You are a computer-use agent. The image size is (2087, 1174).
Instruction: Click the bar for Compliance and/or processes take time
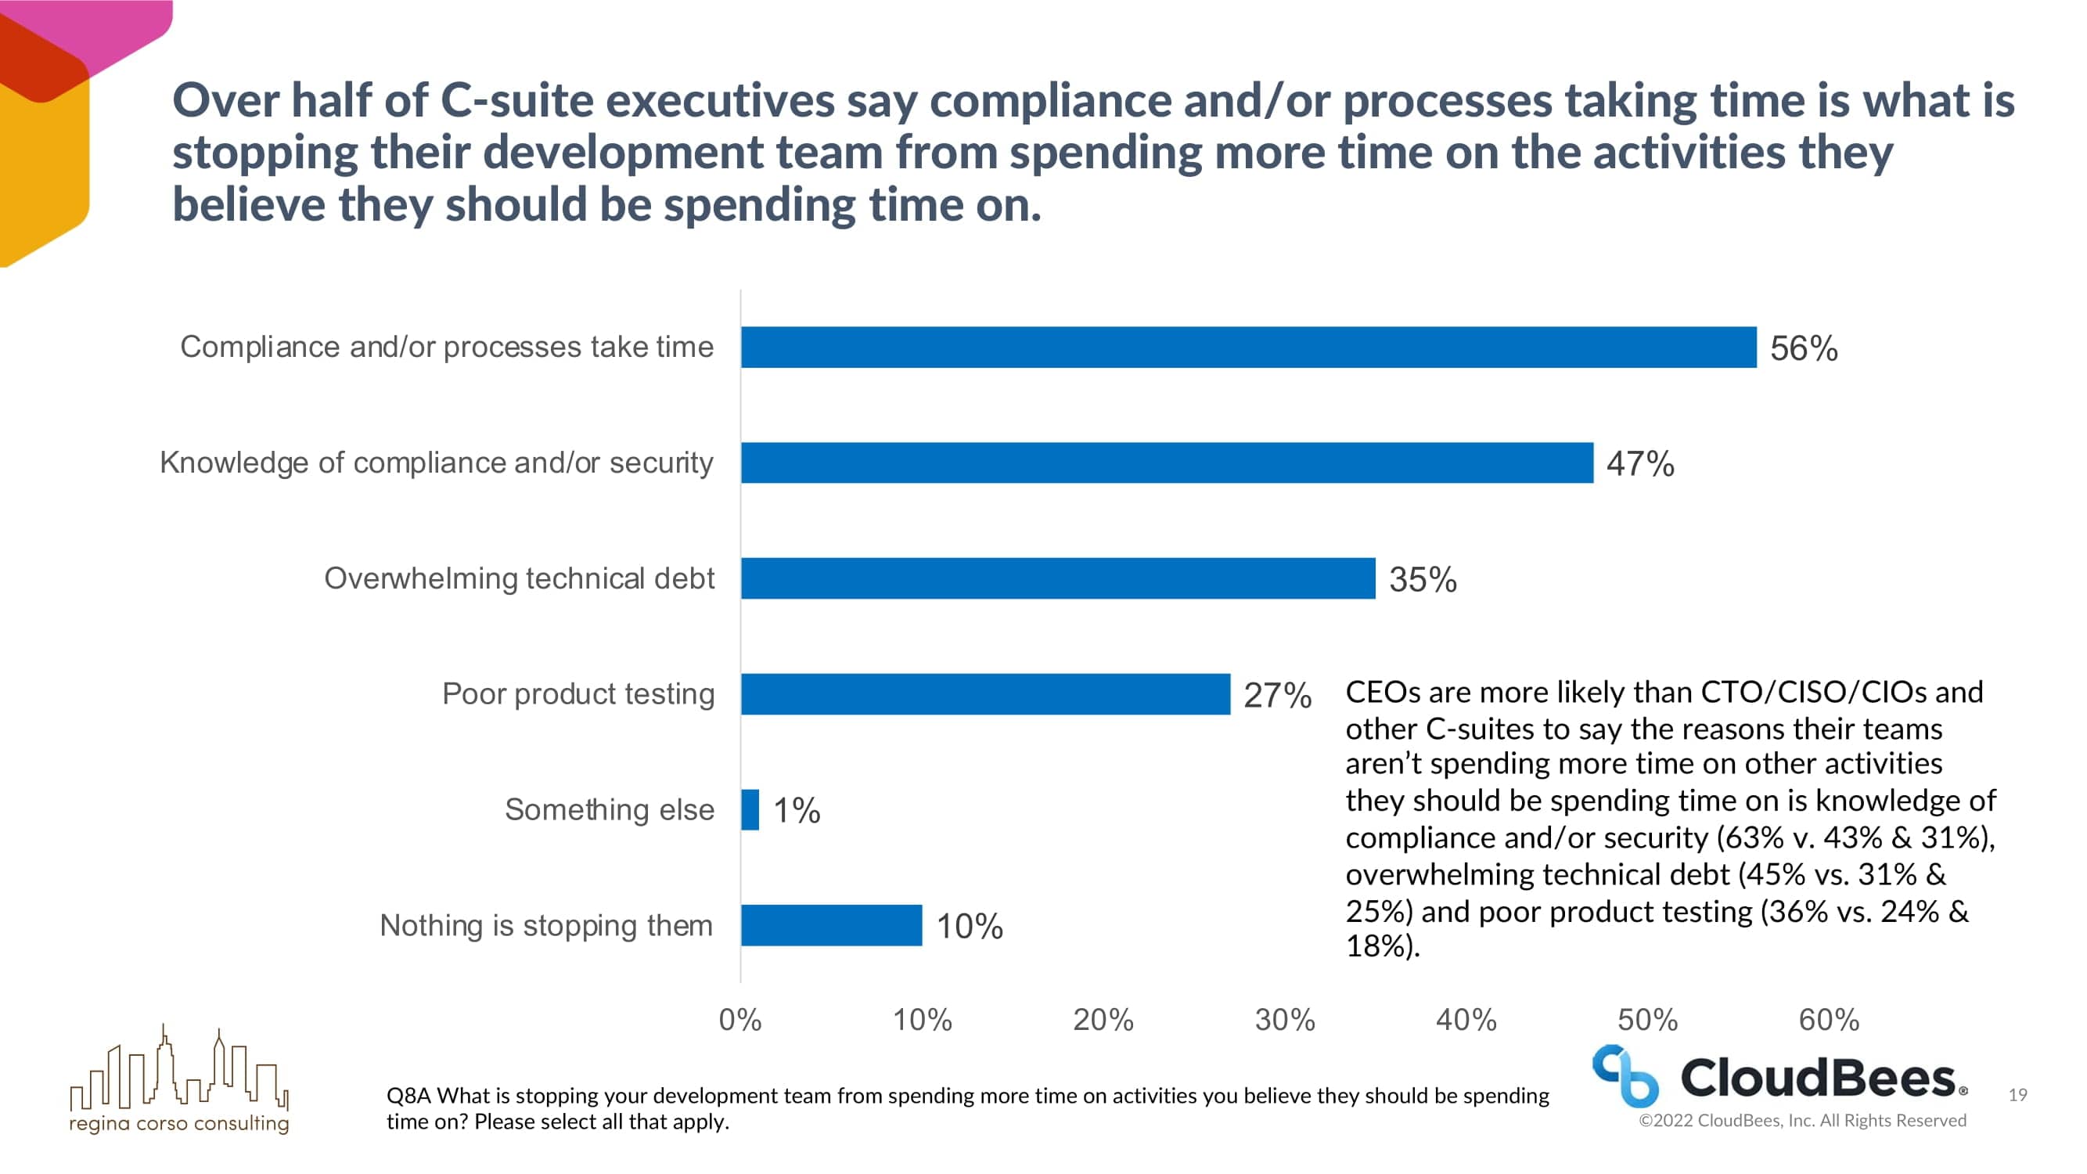coord(1247,348)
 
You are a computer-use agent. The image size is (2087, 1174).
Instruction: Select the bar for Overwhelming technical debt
coord(1057,578)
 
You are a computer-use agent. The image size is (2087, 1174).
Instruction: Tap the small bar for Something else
coord(750,809)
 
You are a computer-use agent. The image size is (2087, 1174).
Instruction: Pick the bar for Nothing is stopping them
coord(831,925)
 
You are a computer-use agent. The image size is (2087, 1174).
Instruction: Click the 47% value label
coord(1640,464)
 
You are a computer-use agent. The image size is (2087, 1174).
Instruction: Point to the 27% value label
coord(1277,695)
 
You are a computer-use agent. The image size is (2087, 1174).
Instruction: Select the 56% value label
coord(1804,348)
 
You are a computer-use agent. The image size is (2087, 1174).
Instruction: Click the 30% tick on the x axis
coord(1285,1019)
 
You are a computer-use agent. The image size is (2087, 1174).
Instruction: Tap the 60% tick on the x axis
coord(1829,1019)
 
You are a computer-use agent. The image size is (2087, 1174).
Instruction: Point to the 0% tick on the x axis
coord(739,1019)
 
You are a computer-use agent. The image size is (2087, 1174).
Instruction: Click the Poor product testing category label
coord(578,694)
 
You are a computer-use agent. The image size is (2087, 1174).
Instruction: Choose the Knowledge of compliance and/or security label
coord(436,463)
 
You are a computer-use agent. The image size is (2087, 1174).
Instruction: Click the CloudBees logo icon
coord(1625,1076)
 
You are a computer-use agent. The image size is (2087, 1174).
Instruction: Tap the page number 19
coord(2017,1096)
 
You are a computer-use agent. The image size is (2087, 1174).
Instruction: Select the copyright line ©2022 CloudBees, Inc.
coord(1802,1121)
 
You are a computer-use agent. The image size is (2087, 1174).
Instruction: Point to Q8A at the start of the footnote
coord(409,1097)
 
